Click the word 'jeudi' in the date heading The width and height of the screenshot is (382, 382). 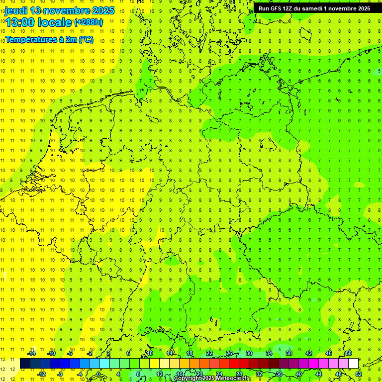pyautogui.click(x=16, y=10)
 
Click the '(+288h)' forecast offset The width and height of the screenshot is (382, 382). pyautogui.click(x=89, y=22)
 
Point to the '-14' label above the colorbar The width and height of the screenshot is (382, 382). pyautogui.click(x=31, y=353)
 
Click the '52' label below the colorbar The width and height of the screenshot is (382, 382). pyautogui.click(x=359, y=374)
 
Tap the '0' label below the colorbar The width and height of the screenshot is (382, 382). pyautogui.click(x=99, y=374)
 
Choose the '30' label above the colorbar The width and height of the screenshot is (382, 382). pyautogui.click(x=249, y=353)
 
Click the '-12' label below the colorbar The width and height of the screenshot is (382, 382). pyautogui.click(x=41, y=374)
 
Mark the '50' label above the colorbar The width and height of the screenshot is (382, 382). pyautogui.click(x=348, y=353)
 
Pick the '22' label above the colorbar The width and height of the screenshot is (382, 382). pyautogui.click(x=209, y=353)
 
